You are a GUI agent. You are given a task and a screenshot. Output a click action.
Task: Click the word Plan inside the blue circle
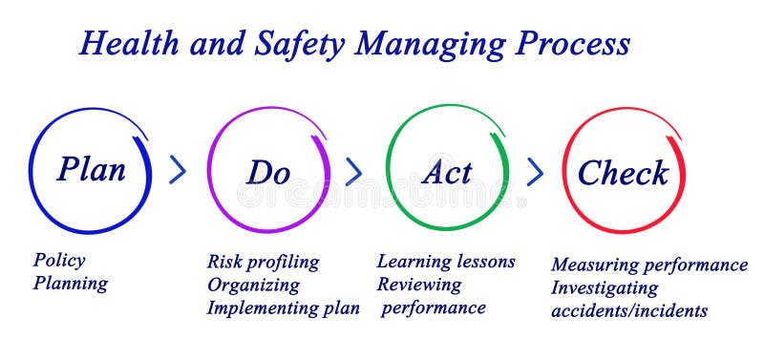tap(92, 170)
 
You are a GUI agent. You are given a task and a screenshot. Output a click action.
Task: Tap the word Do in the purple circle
tap(268, 173)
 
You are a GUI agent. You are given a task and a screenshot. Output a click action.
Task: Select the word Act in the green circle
tap(446, 173)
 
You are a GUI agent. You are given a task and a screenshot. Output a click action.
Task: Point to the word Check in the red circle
tap(623, 174)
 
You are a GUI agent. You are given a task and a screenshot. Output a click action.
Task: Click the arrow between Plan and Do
tap(178, 171)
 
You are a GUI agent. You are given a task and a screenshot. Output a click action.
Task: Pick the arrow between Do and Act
tap(354, 172)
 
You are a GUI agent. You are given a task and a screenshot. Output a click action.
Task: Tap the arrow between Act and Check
tap(535, 172)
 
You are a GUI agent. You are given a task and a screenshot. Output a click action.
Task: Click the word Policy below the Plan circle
tap(59, 261)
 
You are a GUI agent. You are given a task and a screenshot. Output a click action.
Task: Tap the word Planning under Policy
tap(71, 284)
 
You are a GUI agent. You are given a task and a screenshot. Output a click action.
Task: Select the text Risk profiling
tap(263, 262)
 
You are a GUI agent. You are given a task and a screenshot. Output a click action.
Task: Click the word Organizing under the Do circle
tap(253, 286)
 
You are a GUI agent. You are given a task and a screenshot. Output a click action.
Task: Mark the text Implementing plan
tap(284, 308)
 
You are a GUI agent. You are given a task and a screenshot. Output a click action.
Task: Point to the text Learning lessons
tap(446, 262)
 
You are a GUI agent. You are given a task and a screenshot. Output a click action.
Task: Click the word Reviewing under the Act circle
tap(419, 285)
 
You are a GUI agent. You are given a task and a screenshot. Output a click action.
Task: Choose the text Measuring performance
tap(649, 265)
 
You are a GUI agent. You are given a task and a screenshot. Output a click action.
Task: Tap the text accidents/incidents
tap(629, 310)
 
